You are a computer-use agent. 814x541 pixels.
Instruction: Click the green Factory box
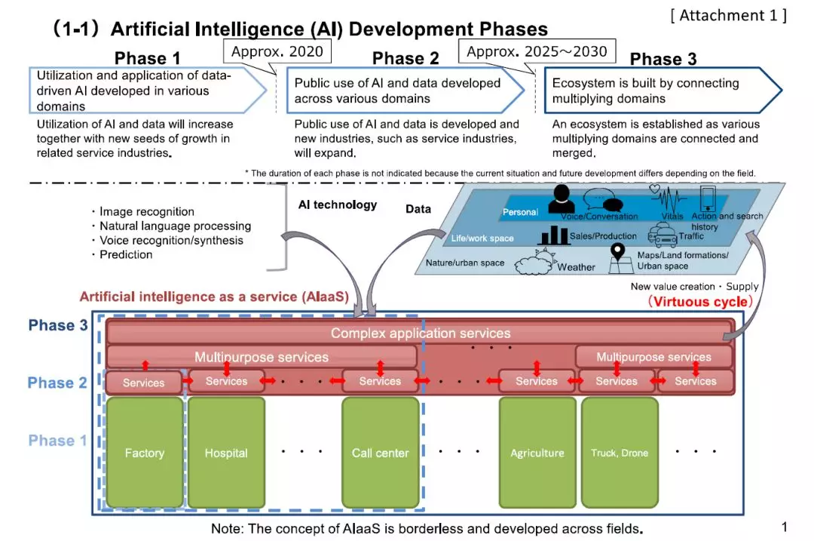144,453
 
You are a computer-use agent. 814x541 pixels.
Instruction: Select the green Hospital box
226,453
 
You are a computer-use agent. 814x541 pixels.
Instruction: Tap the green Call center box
380,453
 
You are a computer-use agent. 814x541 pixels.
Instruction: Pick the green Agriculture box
537,453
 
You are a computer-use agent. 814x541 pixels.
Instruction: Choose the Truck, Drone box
620,453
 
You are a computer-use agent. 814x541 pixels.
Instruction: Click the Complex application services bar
421,333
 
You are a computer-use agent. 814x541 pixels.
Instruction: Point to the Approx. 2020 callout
277,51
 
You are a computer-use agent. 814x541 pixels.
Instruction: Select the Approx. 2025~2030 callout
537,51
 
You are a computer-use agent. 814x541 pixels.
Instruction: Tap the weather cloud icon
534,264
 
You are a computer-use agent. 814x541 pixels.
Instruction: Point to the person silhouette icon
562,199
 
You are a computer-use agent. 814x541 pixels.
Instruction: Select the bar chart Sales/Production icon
553,235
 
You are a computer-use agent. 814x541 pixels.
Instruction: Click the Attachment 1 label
728,15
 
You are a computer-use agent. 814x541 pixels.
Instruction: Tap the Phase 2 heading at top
405,59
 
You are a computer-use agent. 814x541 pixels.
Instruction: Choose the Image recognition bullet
146,212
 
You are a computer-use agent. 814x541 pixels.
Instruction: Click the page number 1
784,527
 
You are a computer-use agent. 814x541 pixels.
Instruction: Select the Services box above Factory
143,383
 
